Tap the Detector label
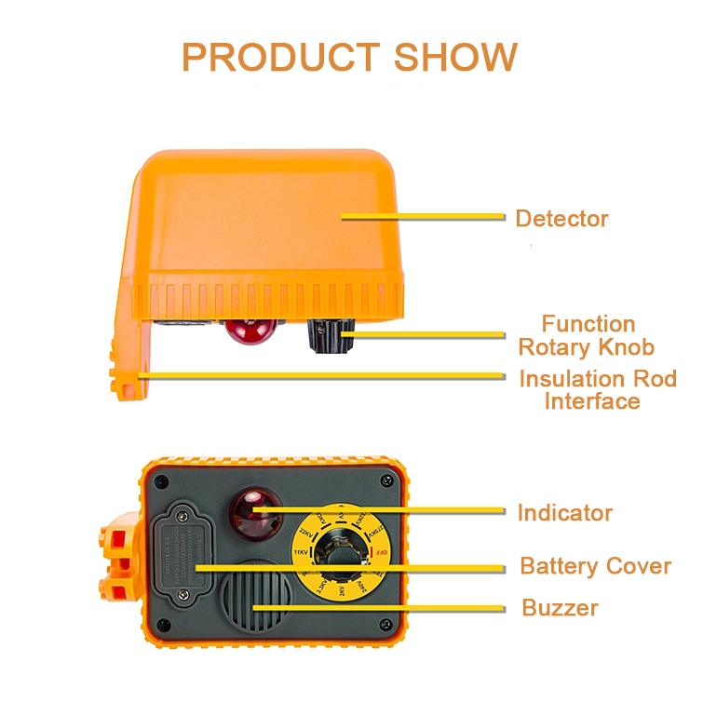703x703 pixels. (x=561, y=219)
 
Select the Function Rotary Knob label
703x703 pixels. (x=587, y=336)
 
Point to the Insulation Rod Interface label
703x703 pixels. (x=597, y=390)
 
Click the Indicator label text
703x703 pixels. (x=564, y=512)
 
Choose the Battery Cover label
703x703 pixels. (x=595, y=566)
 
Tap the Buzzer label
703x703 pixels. (x=560, y=609)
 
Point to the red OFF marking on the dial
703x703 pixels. (x=379, y=555)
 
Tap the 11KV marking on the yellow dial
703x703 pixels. (x=301, y=552)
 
